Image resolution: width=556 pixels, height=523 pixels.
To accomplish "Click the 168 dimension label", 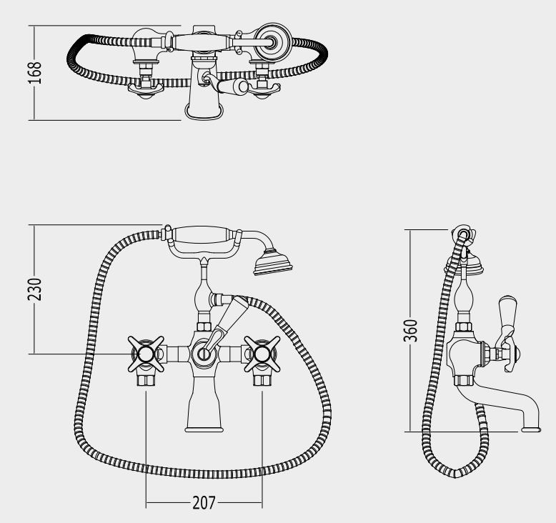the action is pyautogui.click(x=35, y=73).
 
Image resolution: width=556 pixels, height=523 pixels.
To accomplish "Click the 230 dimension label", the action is pyautogui.click(x=35, y=289).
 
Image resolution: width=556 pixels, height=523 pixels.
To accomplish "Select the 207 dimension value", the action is pyautogui.click(x=204, y=502).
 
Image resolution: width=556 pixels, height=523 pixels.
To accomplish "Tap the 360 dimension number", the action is pyautogui.click(x=411, y=331).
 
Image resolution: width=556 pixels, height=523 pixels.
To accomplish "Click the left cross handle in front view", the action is pyautogui.click(x=146, y=354).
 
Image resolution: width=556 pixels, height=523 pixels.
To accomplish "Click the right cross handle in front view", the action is pyautogui.click(x=262, y=354).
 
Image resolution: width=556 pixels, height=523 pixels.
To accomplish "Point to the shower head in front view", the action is pyautogui.click(x=272, y=262).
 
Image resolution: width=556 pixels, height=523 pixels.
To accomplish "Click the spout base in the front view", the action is pyautogui.click(x=204, y=429).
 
